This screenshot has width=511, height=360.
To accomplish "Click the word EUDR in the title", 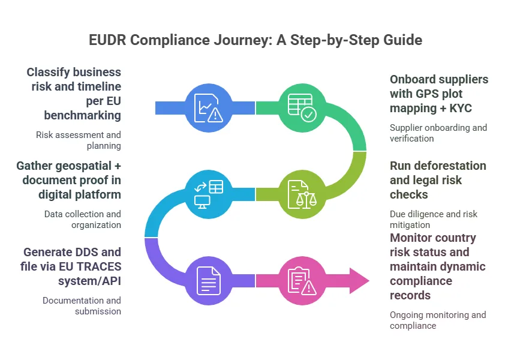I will click(x=109, y=40).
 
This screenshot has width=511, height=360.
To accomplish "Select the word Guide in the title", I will click(x=403, y=40).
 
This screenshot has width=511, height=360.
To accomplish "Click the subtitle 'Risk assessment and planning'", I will click(x=79, y=140).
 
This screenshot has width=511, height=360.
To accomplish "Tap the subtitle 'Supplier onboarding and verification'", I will click(x=438, y=133).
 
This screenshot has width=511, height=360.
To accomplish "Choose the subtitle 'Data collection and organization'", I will click(x=83, y=220).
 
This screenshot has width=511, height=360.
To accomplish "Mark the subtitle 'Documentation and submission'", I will click(x=82, y=305).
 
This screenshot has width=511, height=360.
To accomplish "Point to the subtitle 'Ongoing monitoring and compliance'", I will click(x=438, y=320).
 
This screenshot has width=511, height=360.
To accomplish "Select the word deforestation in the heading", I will click(x=438, y=166).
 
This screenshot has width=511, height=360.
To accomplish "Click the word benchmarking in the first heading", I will click(x=83, y=115).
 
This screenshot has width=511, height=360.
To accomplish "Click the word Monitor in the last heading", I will click(x=413, y=238).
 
